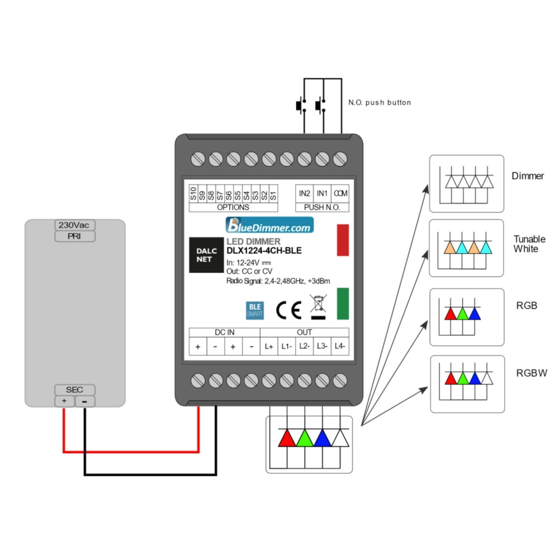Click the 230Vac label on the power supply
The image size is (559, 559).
tap(74, 225)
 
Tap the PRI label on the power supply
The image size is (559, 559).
tap(74, 236)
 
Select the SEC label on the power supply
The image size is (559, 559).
tap(74, 390)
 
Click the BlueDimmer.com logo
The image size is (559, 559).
tap(269, 226)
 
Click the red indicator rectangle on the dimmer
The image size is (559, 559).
tap(343, 240)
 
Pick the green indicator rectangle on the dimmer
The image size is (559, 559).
tap(343, 303)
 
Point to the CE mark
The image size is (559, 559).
tap(289, 309)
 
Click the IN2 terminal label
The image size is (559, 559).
tap(304, 193)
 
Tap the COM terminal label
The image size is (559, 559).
tap(340, 193)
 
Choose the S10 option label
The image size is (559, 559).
tap(193, 193)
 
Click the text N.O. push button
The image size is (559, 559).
tap(380, 103)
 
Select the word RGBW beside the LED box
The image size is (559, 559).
tap(532, 372)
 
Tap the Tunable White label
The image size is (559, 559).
tap(529, 244)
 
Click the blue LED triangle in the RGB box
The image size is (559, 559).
tap(475, 314)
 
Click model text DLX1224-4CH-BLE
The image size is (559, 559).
tap(264, 251)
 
